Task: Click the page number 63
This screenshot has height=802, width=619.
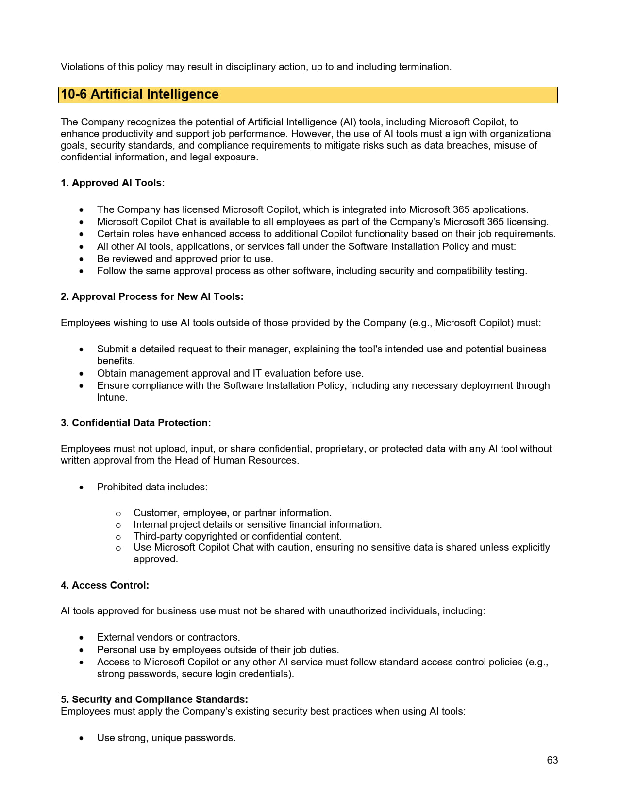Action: click(552, 760)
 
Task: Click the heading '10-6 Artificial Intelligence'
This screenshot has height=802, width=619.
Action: click(140, 94)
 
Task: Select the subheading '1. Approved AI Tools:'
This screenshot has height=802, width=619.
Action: click(113, 183)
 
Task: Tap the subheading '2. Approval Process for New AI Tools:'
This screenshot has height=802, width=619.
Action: click(152, 296)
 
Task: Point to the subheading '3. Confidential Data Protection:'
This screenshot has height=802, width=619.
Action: click(136, 423)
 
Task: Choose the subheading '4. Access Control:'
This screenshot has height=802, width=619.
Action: click(105, 585)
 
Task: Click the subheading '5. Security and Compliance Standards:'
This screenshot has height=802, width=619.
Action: click(154, 699)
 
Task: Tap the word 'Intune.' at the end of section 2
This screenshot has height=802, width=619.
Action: click(112, 397)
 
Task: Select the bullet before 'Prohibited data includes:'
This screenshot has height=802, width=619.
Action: click(82, 488)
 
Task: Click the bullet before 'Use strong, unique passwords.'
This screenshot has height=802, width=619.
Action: click(82, 738)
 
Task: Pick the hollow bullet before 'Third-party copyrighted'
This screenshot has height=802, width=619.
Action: click(118, 537)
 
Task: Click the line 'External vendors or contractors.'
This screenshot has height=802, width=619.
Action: click(168, 637)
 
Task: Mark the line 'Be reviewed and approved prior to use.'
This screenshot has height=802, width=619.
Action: click(185, 259)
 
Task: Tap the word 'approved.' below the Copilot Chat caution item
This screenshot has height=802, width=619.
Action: click(155, 559)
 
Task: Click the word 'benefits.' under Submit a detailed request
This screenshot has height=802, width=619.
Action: click(116, 361)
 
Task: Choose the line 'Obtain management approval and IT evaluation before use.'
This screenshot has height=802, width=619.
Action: click(230, 373)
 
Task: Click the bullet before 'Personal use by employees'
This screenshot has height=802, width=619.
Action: click(82, 650)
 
